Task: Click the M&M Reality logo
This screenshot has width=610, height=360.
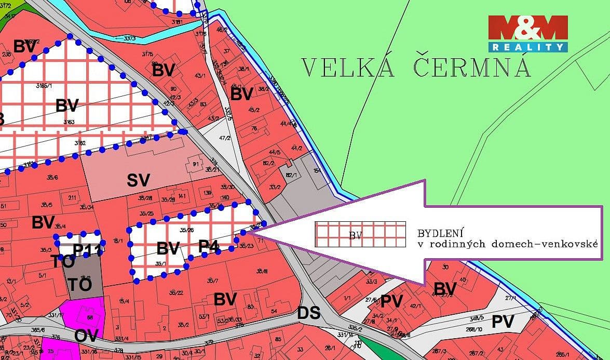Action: [x=527, y=33]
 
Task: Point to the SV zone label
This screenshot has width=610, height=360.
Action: [x=138, y=180]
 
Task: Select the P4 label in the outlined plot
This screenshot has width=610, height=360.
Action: [x=208, y=246]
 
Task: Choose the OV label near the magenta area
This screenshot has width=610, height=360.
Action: [x=86, y=336]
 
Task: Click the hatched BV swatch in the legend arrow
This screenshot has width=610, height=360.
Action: [x=360, y=234]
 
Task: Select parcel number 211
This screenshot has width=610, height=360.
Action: [x=72, y=197]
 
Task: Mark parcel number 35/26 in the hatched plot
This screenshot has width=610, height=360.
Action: [x=186, y=229]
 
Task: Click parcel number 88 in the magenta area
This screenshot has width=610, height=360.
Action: [x=90, y=317]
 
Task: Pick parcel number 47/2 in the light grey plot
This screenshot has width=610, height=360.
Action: [x=224, y=139]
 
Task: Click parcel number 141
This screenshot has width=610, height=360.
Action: [x=182, y=196]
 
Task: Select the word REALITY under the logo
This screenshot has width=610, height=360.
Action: [x=527, y=47]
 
